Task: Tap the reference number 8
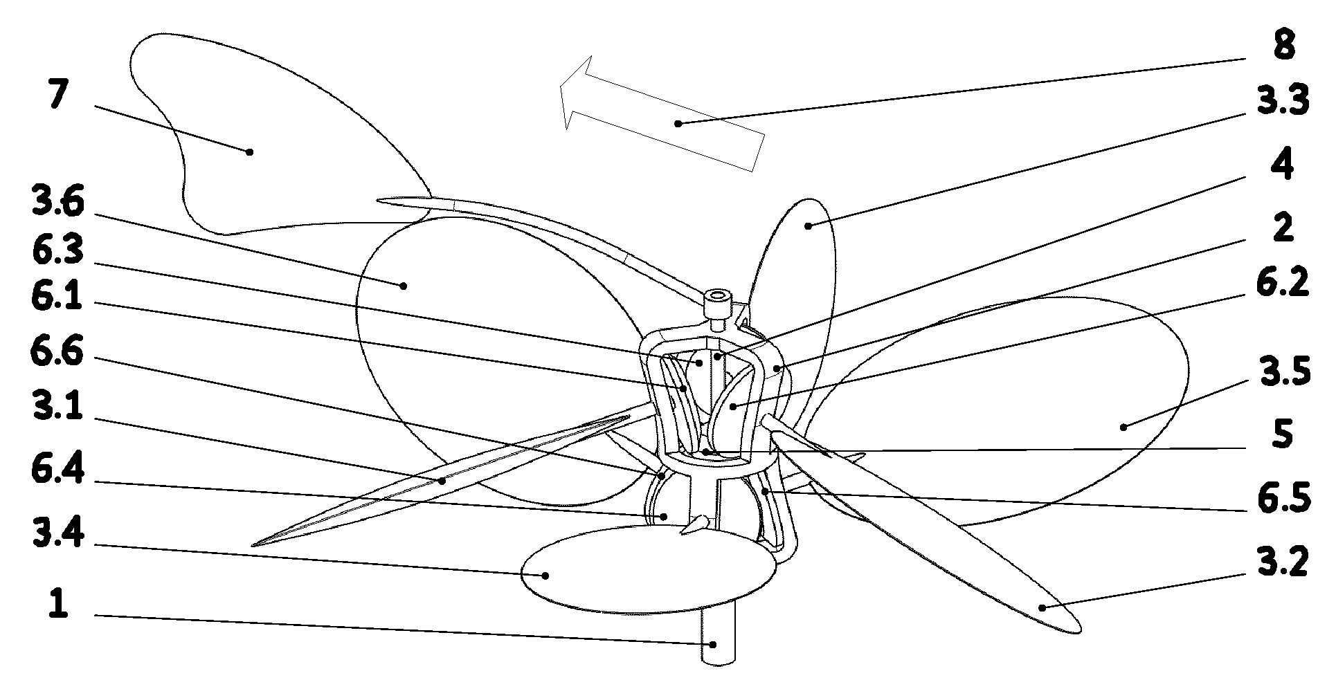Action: pos(1282,45)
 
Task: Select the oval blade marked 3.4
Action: pos(648,569)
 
